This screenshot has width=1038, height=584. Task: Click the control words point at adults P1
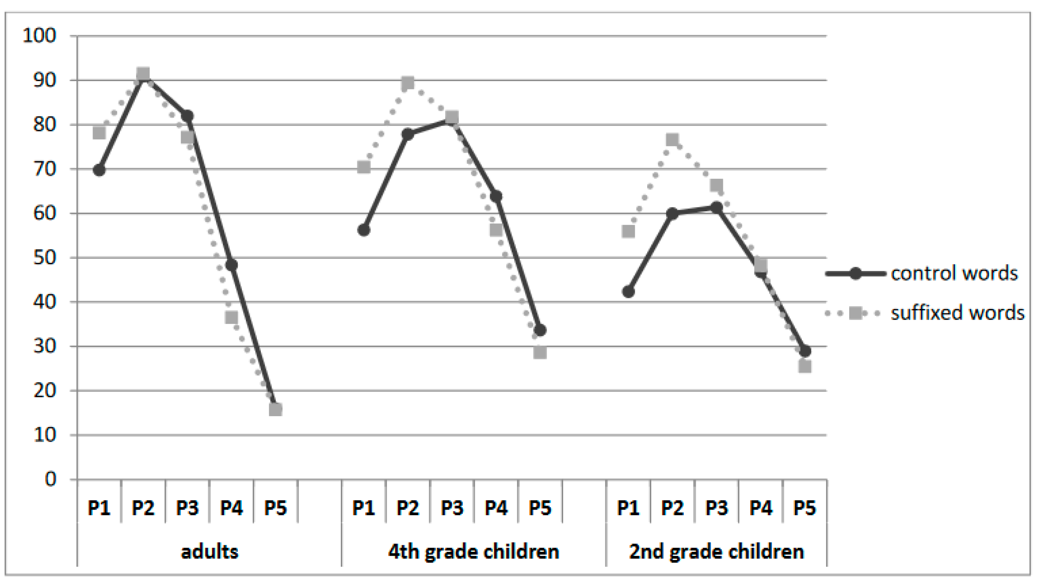click(99, 170)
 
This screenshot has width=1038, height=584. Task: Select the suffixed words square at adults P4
click(231, 318)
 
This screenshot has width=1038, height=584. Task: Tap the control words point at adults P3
click(187, 116)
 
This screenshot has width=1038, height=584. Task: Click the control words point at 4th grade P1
click(363, 230)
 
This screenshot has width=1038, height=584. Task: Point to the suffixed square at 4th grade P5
click(540, 353)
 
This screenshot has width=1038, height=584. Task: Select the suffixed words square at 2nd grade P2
click(672, 140)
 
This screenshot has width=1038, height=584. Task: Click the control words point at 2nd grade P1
click(628, 291)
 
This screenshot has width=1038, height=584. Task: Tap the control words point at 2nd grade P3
click(716, 208)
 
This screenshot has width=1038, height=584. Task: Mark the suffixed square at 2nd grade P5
click(805, 367)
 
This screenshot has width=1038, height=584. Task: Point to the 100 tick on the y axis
click(39, 36)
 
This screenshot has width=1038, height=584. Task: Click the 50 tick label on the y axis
click(44, 258)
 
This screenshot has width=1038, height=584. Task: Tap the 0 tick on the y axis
click(50, 479)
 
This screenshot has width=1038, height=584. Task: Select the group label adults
click(210, 551)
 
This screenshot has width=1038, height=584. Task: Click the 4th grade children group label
click(473, 551)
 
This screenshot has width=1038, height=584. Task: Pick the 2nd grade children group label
click(716, 551)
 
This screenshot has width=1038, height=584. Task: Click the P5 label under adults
click(275, 508)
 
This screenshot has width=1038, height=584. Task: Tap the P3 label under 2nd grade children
click(716, 508)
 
